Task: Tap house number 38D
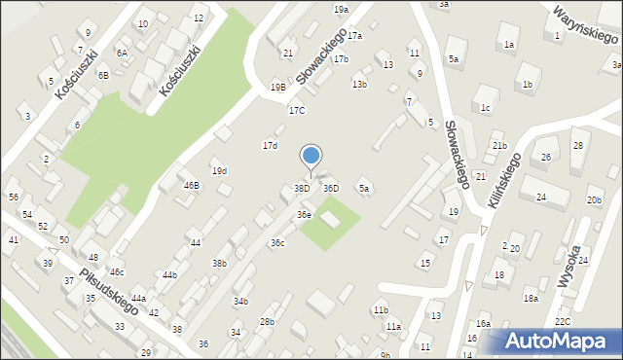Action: [302, 188]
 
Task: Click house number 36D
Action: [331, 188]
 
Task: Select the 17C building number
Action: [296, 111]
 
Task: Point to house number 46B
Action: [191, 185]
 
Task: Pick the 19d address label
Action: [219, 171]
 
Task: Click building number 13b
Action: [359, 85]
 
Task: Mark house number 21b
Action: [499, 146]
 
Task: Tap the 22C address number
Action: [562, 321]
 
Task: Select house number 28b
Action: [267, 322]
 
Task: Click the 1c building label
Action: [484, 108]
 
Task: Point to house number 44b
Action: [169, 275]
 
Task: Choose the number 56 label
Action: [14, 197]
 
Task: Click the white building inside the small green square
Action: [330, 221]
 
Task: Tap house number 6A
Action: [122, 54]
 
